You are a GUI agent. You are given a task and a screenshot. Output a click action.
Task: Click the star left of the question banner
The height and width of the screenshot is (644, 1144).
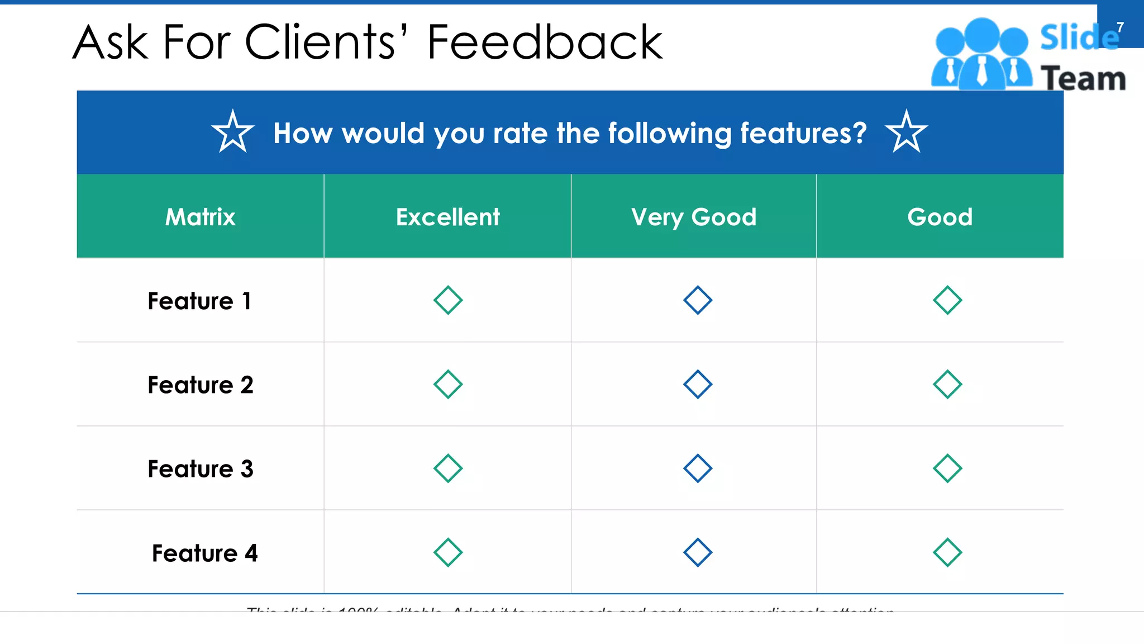(x=233, y=132)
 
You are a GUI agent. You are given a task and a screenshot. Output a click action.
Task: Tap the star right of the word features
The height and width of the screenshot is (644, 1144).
(x=906, y=132)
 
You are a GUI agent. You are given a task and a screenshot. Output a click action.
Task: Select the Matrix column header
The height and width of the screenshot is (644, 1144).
(x=200, y=217)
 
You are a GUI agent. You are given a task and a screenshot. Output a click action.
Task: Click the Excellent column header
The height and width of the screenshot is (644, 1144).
(x=447, y=217)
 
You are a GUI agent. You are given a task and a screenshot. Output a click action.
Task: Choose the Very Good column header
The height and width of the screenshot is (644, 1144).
(x=694, y=217)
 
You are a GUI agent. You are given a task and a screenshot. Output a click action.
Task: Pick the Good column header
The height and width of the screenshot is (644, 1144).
(x=940, y=217)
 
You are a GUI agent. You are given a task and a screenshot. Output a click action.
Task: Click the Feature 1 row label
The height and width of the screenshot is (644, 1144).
(x=199, y=301)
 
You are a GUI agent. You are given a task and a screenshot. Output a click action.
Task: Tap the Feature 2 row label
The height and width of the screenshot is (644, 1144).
(x=200, y=385)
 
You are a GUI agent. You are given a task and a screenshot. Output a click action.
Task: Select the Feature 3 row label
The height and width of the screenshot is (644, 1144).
(x=200, y=468)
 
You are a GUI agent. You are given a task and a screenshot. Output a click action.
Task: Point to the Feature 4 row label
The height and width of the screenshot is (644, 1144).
(x=204, y=553)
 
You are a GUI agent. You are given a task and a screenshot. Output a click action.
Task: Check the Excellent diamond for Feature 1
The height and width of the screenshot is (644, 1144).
(x=448, y=300)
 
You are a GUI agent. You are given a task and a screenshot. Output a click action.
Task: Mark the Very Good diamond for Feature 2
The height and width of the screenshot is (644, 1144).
(x=698, y=384)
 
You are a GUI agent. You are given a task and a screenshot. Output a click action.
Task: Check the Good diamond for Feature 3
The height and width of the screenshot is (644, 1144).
(x=947, y=468)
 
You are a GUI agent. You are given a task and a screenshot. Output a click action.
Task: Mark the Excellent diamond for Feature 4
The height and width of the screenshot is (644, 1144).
(x=448, y=552)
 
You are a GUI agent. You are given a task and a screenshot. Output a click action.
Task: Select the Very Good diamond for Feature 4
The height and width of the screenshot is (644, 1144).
(x=698, y=552)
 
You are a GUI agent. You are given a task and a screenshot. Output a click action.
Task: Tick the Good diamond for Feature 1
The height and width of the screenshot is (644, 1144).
(x=947, y=300)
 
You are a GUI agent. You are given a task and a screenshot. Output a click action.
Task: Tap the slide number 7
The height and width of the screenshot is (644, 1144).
(x=1120, y=27)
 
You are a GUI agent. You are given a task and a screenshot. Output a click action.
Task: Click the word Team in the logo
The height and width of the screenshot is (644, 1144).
(x=1083, y=78)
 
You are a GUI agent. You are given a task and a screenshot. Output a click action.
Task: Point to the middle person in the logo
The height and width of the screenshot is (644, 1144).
(x=981, y=53)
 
